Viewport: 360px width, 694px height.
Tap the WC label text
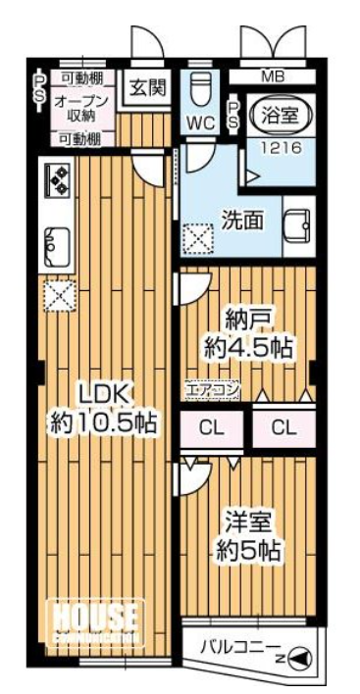pyautogui.click(x=202, y=124)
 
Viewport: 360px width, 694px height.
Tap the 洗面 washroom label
pyautogui.click(x=240, y=221)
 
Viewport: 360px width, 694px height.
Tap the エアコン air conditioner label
pyautogui.click(x=213, y=391)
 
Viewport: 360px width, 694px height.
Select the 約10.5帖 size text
pyautogui.click(x=102, y=423)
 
